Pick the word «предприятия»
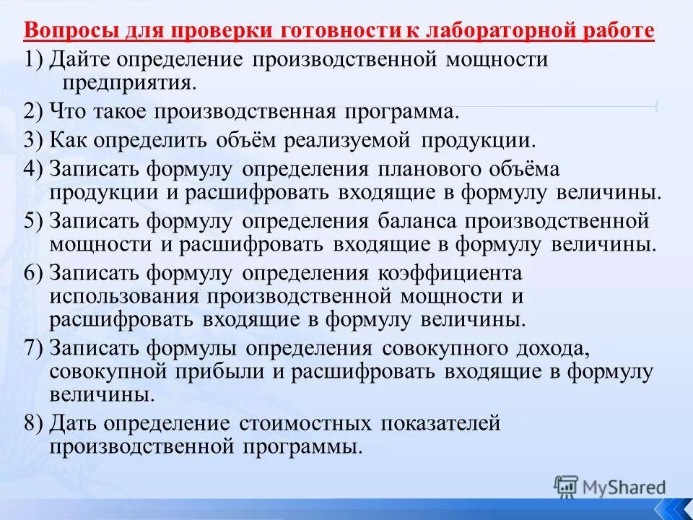click(123, 82)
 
